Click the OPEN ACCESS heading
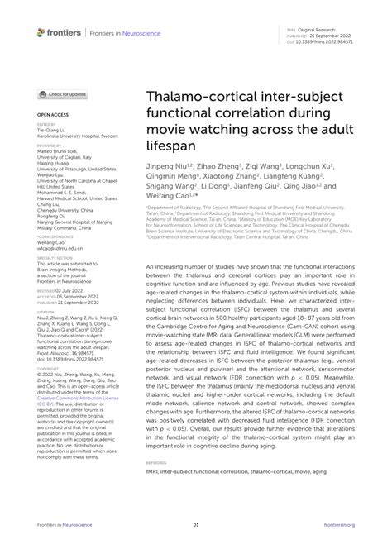[53, 114]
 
